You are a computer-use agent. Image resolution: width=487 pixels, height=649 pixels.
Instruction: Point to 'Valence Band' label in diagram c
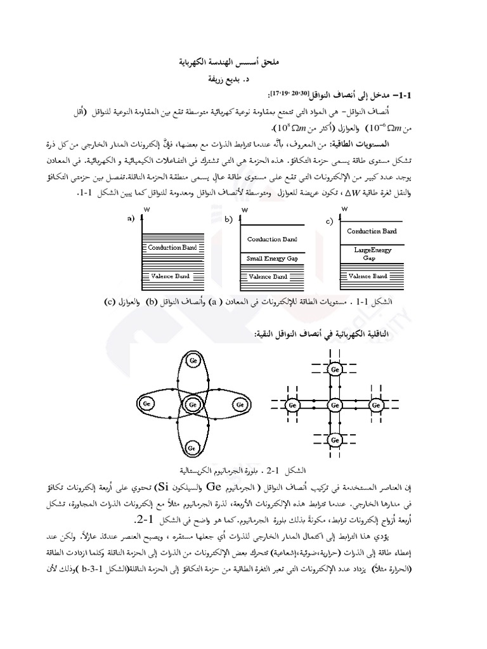point(368,276)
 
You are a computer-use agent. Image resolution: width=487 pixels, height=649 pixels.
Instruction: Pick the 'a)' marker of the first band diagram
point(131,219)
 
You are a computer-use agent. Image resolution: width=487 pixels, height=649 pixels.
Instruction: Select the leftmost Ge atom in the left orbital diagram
point(146,403)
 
